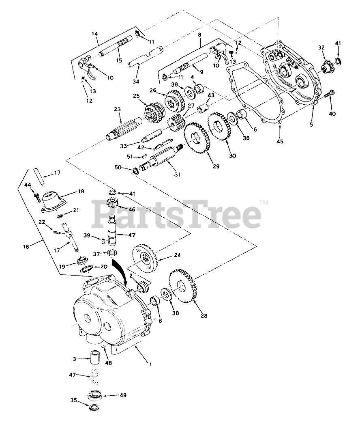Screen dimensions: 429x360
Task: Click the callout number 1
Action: pos(150,364)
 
